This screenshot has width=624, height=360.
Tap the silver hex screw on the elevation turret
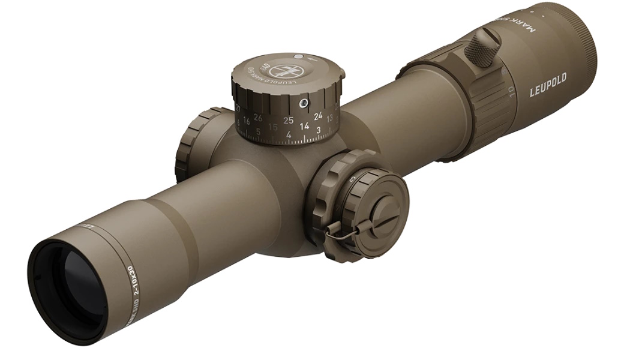[x=305, y=104]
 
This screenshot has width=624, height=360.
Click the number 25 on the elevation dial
[x=289, y=120]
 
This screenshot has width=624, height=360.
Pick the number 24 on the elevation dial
[x=318, y=115]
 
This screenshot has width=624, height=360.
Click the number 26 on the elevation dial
[x=258, y=118]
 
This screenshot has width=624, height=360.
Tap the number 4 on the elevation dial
[x=289, y=134]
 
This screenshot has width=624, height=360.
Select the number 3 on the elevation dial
[x=318, y=129]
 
